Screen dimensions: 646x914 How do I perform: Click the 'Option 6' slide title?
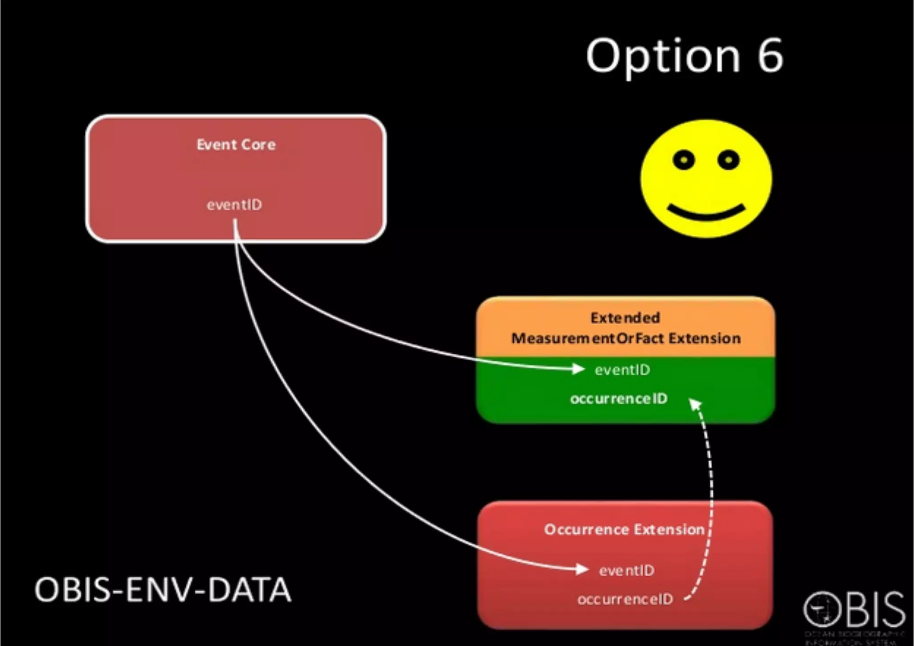(x=684, y=56)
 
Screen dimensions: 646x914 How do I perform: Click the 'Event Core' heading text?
(x=236, y=145)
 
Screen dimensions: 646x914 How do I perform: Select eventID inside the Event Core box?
(x=234, y=205)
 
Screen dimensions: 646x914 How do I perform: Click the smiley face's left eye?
(x=683, y=160)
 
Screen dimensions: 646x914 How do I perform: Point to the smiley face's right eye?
(x=728, y=159)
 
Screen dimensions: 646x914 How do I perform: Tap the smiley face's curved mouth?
(x=706, y=213)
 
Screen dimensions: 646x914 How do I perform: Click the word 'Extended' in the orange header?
(x=625, y=318)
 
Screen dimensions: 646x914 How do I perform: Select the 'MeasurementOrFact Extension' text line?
(x=626, y=338)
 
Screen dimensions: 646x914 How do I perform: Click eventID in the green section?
(x=622, y=370)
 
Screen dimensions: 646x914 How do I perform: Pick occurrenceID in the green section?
(x=619, y=398)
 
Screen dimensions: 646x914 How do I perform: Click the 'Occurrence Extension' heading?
(x=624, y=529)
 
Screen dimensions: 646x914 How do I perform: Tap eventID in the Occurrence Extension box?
(x=627, y=570)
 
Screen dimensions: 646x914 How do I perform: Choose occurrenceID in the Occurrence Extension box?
(x=625, y=599)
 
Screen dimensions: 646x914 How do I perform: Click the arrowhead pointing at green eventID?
(x=579, y=369)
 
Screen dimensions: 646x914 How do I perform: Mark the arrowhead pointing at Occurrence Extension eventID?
(x=582, y=569)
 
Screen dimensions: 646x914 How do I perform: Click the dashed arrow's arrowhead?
(x=695, y=404)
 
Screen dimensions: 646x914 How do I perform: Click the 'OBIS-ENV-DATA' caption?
(x=163, y=590)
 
